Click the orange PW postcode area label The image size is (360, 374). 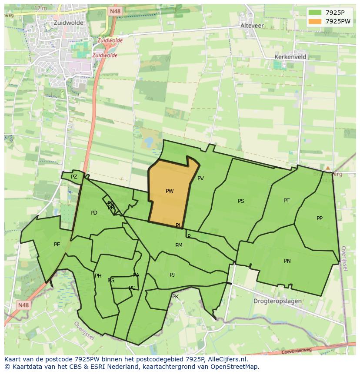[x=170, y=191]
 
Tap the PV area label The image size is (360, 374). [x=200, y=179]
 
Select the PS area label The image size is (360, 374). [x=241, y=201]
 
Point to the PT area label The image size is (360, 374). [x=287, y=201]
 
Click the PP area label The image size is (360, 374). [x=320, y=218]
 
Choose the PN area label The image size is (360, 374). [x=287, y=261]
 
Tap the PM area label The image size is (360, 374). [x=179, y=245]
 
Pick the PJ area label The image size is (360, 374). [x=172, y=275]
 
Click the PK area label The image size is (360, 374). [x=175, y=297]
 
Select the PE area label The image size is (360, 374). [x=57, y=245]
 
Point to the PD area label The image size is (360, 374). [x=94, y=213]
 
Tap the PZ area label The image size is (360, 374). [x=74, y=177]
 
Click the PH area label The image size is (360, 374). [x=98, y=276]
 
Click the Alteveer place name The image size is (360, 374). [x=252, y=26]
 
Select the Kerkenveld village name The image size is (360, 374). [x=290, y=57]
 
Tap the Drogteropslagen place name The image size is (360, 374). [x=277, y=301]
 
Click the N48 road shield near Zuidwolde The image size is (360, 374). [x=115, y=11]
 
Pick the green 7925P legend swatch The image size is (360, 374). [x=315, y=13]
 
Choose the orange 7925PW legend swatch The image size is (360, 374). [x=315, y=21]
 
